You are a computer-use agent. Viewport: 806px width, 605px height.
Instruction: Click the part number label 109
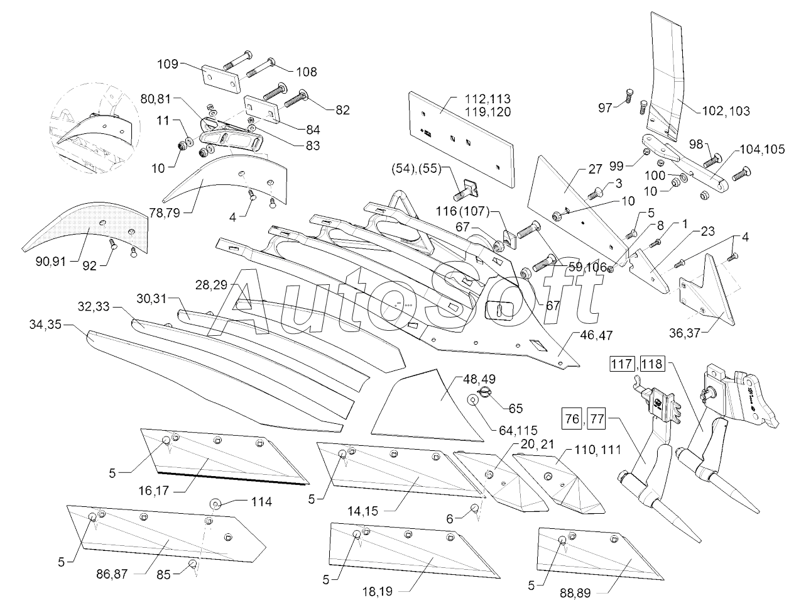pyautogui.click(x=168, y=64)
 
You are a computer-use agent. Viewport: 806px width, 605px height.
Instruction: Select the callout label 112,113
pyautogui.click(x=487, y=99)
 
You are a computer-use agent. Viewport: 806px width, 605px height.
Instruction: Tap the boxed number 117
pyautogui.click(x=622, y=364)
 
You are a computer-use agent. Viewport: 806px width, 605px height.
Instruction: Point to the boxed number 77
pyautogui.click(x=596, y=419)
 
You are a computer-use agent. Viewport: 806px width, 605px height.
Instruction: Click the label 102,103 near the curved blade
pyautogui.click(x=726, y=111)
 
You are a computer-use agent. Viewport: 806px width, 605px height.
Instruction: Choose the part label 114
pyautogui.click(x=261, y=502)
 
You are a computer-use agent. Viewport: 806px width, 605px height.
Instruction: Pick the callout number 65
pyautogui.click(x=516, y=408)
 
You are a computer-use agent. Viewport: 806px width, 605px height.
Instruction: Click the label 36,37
pyautogui.click(x=685, y=333)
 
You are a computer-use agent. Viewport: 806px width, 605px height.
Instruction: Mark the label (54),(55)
pyautogui.click(x=417, y=169)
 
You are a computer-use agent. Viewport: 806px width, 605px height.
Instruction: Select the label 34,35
pyautogui.click(x=45, y=325)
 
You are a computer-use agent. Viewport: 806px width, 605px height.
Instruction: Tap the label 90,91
pyautogui.click(x=51, y=262)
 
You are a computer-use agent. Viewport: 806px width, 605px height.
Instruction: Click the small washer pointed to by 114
pyautogui.click(x=215, y=504)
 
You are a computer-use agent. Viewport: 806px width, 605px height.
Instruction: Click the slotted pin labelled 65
pyautogui.click(x=483, y=393)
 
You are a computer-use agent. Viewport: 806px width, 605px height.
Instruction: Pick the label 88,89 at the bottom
pyautogui.click(x=575, y=593)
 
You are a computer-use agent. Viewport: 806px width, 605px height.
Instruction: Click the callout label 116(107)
pyautogui.click(x=462, y=211)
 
